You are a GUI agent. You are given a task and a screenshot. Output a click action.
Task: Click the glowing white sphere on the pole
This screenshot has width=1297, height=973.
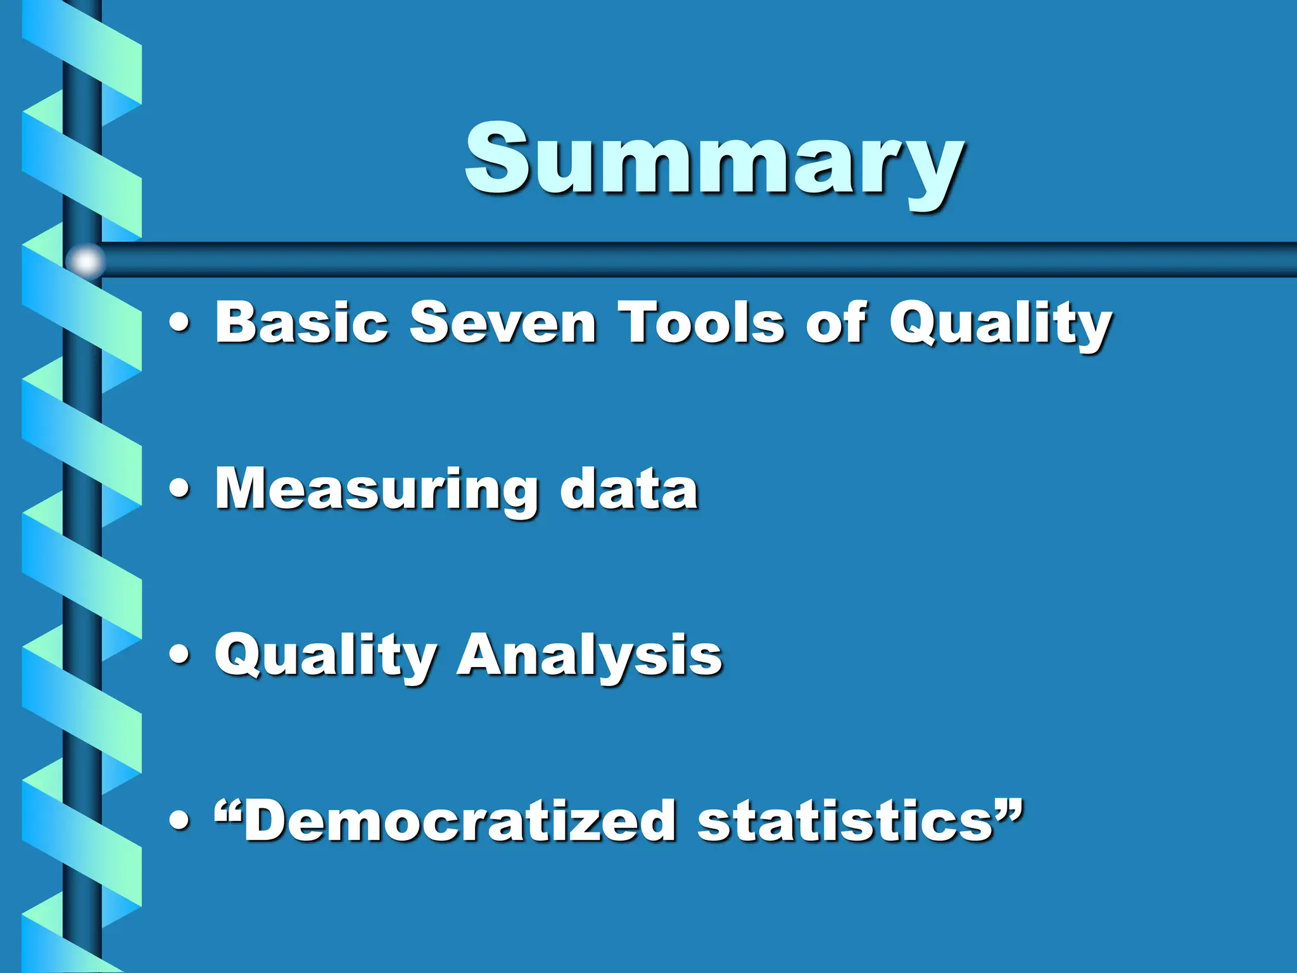[x=85, y=260]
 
